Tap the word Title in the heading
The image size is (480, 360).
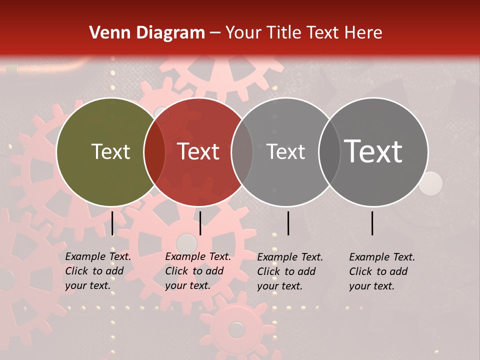point(285,33)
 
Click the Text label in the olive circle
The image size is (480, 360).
point(110,151)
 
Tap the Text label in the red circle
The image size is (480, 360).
point(198,151)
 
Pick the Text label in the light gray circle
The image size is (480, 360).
point(285,151)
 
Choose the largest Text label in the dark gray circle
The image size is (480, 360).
point(373,151)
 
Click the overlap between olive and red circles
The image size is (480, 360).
point(154,152)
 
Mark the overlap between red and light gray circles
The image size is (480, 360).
point(242,152)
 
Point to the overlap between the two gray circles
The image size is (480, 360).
point(329,152)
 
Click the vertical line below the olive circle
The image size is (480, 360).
point(112,223)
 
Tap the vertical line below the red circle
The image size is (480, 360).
point(200,223)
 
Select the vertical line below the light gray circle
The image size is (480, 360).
point(288,223)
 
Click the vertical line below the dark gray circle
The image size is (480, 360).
point(372,223)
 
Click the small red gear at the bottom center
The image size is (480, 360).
point(236,329)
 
